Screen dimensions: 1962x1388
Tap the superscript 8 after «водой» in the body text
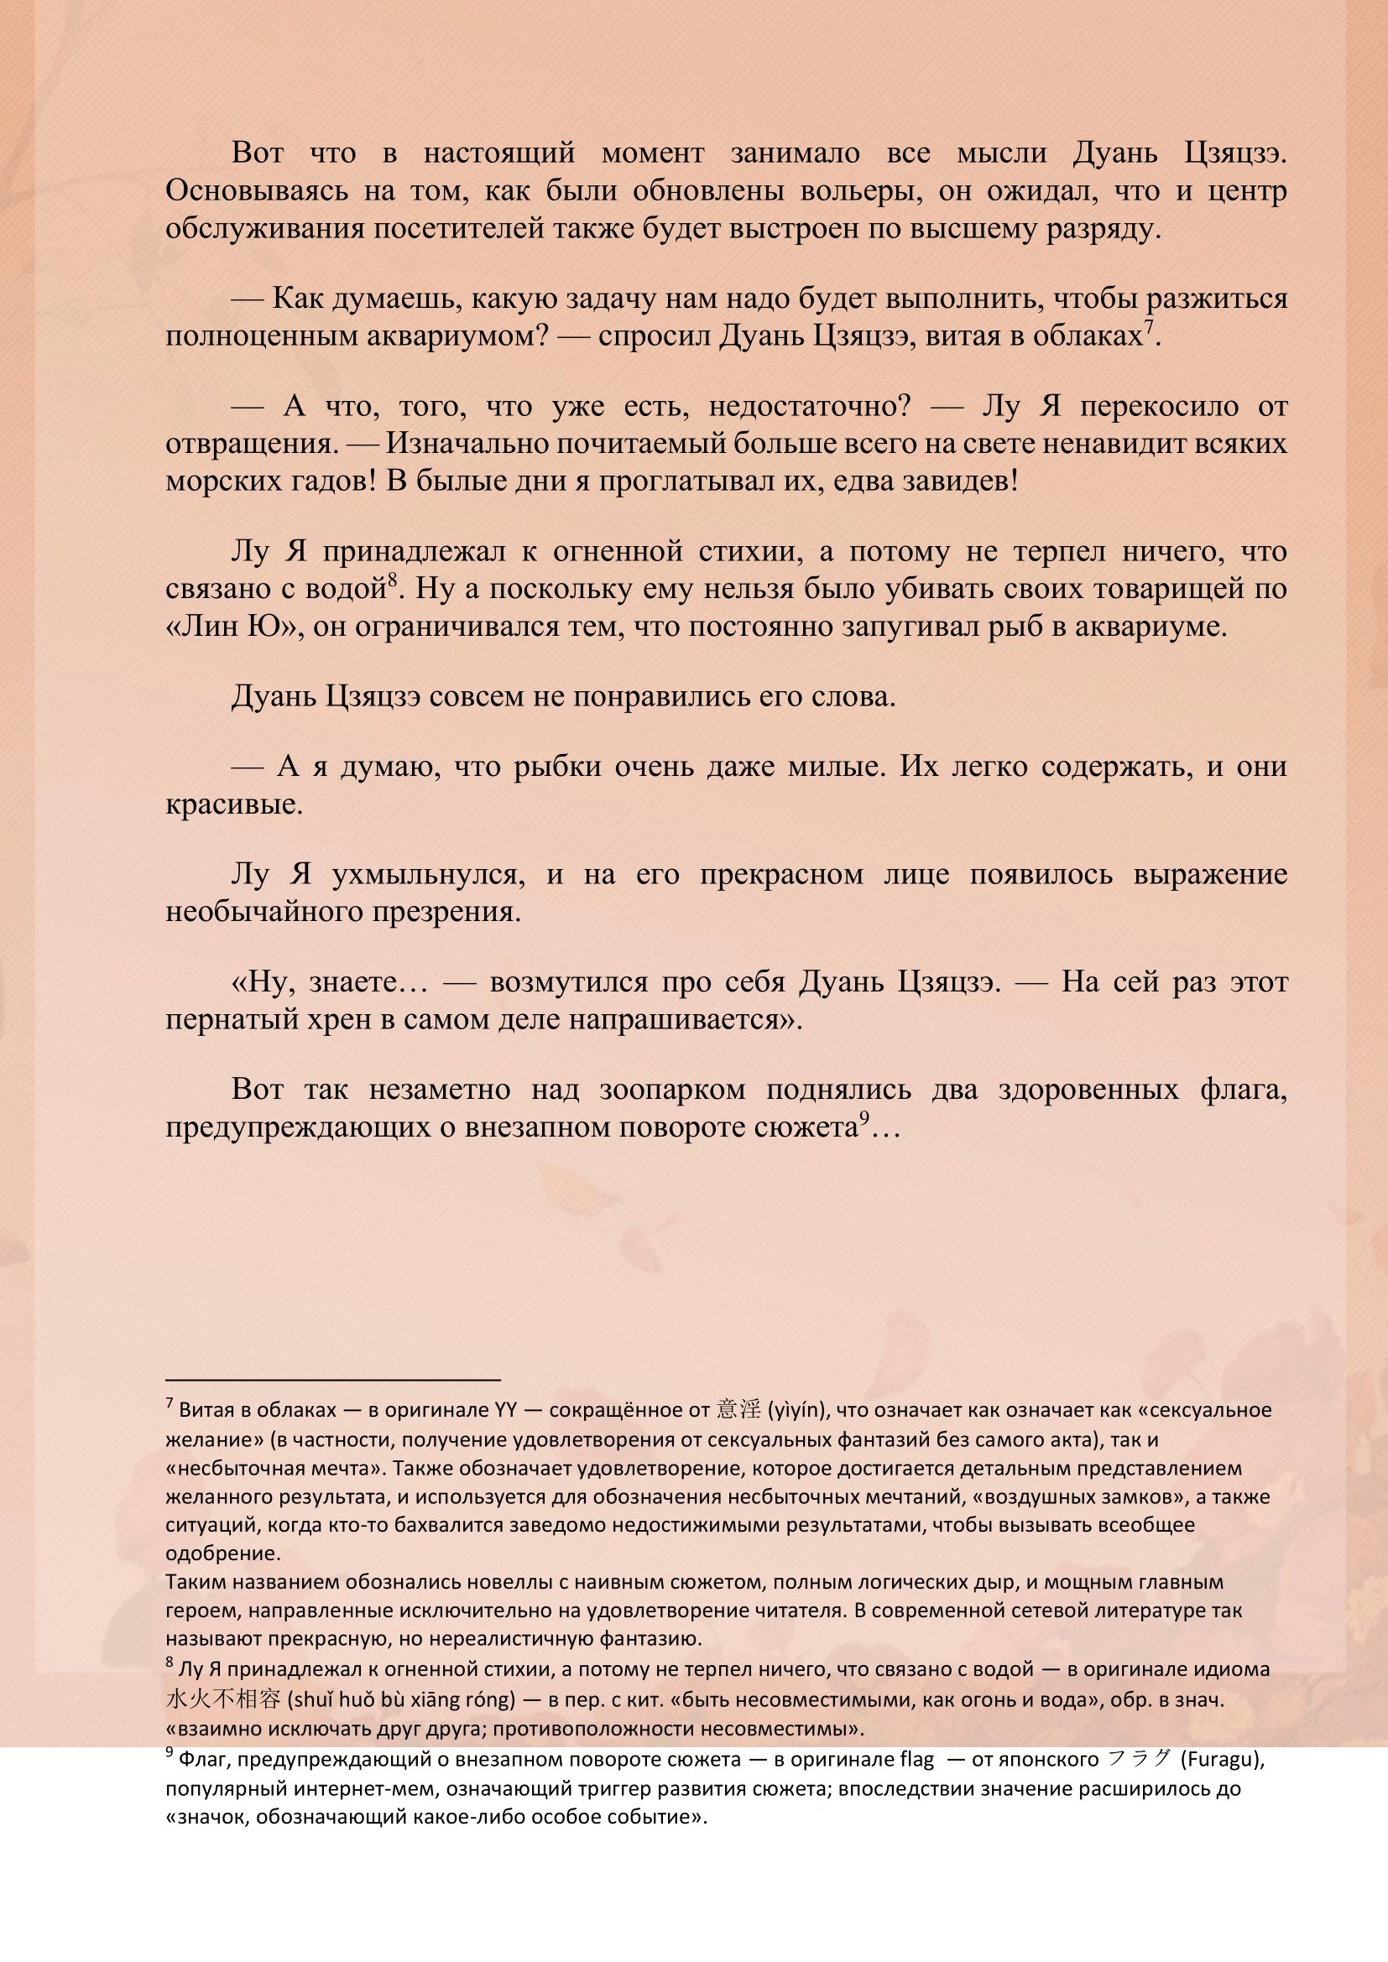click(x=392, y=582)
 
